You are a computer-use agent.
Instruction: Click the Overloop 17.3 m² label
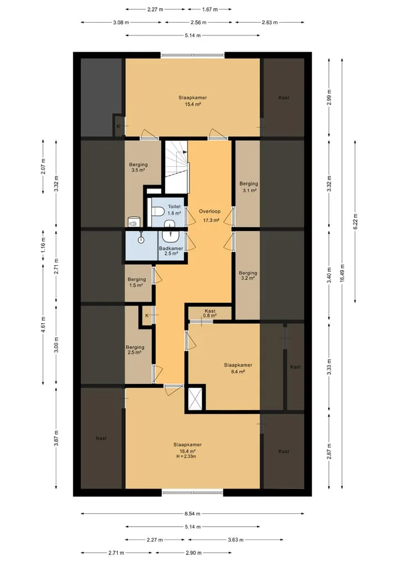[210, 216]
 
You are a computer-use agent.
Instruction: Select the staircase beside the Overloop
[176, 167]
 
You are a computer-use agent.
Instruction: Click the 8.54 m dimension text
[192, 513]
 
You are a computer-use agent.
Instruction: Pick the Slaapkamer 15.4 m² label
[192, 101]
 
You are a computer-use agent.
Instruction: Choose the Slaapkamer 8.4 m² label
[238, 368]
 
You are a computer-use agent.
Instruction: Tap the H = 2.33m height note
[186, 456]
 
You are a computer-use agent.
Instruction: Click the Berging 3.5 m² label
[138, 167]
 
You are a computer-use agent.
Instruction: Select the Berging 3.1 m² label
[249, 187]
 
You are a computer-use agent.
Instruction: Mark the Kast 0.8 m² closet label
[210, 313]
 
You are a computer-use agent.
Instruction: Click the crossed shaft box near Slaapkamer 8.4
[196, 398]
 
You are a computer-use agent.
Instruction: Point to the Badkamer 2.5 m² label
[171, 251]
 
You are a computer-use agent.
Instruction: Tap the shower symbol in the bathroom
[142, 238]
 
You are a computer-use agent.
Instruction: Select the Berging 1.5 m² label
[137, 282]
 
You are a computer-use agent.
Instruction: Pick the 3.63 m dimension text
[235, 540]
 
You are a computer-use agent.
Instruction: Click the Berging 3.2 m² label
[248, 275]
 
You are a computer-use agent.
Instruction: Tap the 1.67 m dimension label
[210, 9]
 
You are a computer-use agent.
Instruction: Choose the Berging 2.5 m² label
[135, 349]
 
